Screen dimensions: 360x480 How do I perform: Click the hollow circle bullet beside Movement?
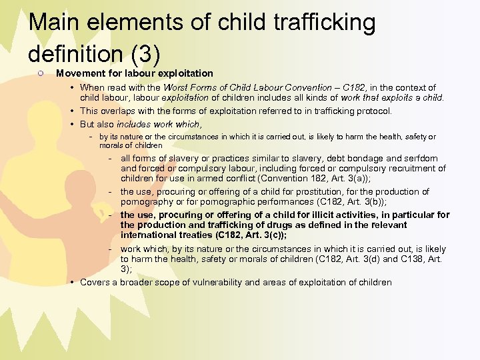(x=41, y=73)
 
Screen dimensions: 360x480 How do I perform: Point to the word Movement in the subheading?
(x=81, y=73)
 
